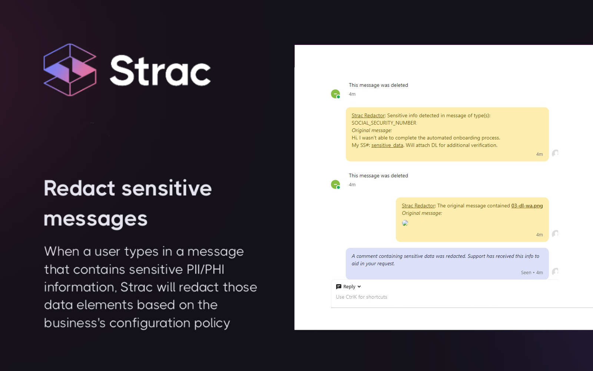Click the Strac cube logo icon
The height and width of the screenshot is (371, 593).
click(70, 70)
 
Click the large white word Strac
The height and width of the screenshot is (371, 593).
click(160, 70)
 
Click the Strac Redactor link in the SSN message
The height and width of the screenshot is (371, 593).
click(368, 116)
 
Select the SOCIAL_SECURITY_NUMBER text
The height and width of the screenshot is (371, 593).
click(384, 123)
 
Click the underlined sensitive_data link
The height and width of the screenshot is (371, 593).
click(387, 145)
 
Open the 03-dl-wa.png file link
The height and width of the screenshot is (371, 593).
click(527, 206)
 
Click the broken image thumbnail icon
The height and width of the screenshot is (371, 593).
click(405, 223)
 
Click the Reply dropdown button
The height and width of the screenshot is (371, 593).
click(349, 287)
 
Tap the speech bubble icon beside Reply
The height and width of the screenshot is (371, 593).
click(338, 287)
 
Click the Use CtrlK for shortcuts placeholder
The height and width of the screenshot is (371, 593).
click(361, 297)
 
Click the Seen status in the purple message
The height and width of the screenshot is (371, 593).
click(526, 273)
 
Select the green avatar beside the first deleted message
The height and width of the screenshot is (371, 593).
click(335, 94)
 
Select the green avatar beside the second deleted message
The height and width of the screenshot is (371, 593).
click(335, 184)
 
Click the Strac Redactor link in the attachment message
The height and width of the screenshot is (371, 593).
click(418, 206)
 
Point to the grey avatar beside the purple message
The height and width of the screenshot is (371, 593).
click(555, 272)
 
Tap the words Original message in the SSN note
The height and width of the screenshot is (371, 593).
click(371, 131)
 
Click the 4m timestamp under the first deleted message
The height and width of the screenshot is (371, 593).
click(352, 94)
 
